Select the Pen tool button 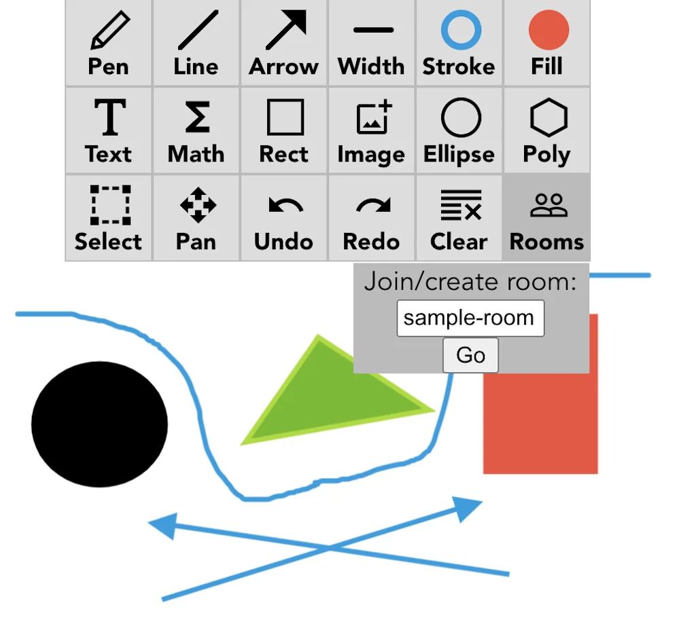(x=109, y=43)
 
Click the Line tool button (x=196, y=43)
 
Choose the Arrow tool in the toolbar (x=284, y=43)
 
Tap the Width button (x=372, y=43)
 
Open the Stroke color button (x=459, y=43)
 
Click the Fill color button (x=547, y=43)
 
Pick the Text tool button (x=109, y=130)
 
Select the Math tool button (x=196, y=130)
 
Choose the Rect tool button (x=284, y=130)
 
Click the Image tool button (x=372, y=130)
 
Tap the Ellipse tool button (x=459, y=130)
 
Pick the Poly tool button (x=547, y=130)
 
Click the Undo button (x=284, y=218)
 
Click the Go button (x=470, y=355)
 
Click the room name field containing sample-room (x=470, y=318)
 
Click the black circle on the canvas (x=99, y=424)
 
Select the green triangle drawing (x=326, y=401)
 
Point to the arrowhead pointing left (x=163, y=525)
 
